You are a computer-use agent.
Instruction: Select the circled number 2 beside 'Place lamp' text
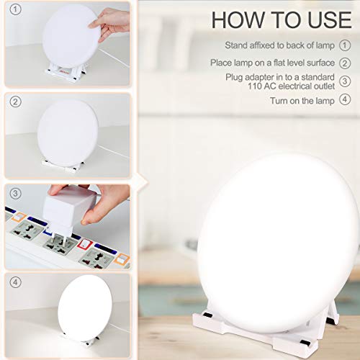346,63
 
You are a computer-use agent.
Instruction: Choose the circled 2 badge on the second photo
14,102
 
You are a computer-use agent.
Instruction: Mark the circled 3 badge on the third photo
14,193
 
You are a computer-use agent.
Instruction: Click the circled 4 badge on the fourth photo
14,282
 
